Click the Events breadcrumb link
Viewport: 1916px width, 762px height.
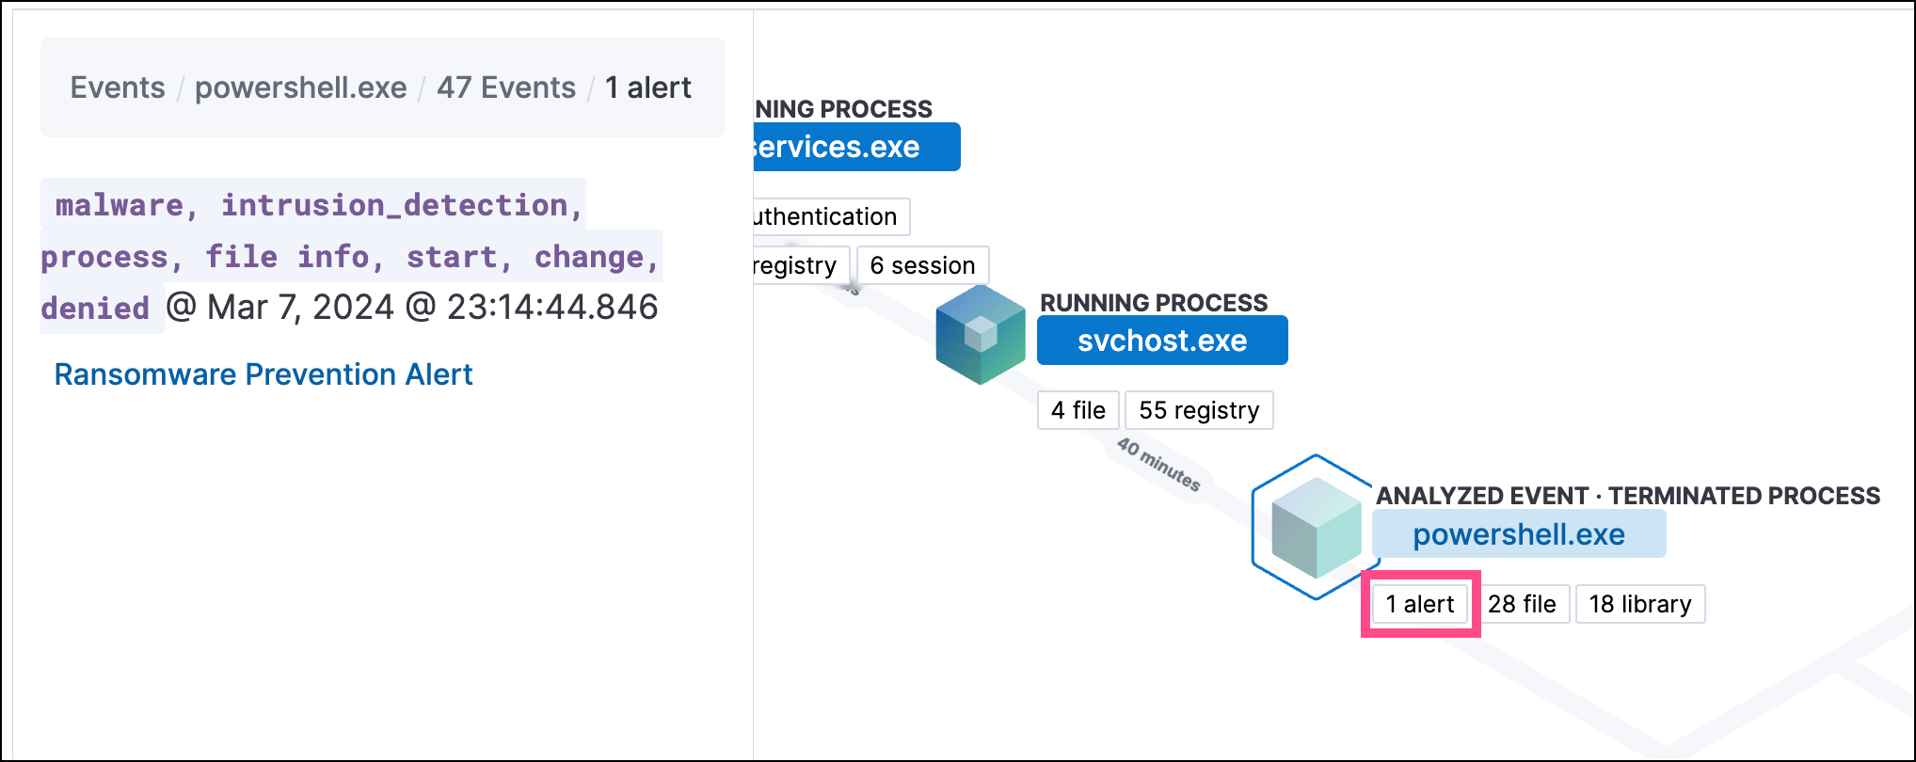118,87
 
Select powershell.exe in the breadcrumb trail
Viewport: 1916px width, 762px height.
301,87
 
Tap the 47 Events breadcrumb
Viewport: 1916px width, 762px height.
506,87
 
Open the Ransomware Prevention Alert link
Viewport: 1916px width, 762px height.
263,374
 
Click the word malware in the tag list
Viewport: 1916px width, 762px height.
120,205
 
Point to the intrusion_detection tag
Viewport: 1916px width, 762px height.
394,205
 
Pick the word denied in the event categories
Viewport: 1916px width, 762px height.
95,308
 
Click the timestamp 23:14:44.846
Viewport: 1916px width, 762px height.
552,308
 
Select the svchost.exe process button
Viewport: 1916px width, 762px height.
1162,341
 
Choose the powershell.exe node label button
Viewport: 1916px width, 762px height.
1519,534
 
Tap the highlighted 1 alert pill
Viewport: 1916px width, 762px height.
1420,604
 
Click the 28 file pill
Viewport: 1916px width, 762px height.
1522,604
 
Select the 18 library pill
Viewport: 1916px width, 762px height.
1640,604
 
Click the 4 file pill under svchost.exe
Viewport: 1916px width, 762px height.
1078,410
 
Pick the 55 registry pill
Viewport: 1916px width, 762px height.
1199,410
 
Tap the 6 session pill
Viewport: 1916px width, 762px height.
922,265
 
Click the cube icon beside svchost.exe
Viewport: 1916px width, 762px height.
981,335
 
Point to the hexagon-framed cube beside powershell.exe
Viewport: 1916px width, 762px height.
1316,527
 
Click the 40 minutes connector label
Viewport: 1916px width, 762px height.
1158,464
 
